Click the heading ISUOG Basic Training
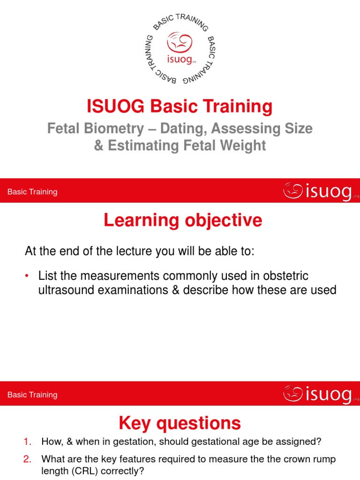pos(180,107)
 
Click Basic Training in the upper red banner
pos(32,192)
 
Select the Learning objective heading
pos(183,220)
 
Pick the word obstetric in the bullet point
pos(281,275)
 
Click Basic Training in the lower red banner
pos(32,395)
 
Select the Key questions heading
pos(180,423)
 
